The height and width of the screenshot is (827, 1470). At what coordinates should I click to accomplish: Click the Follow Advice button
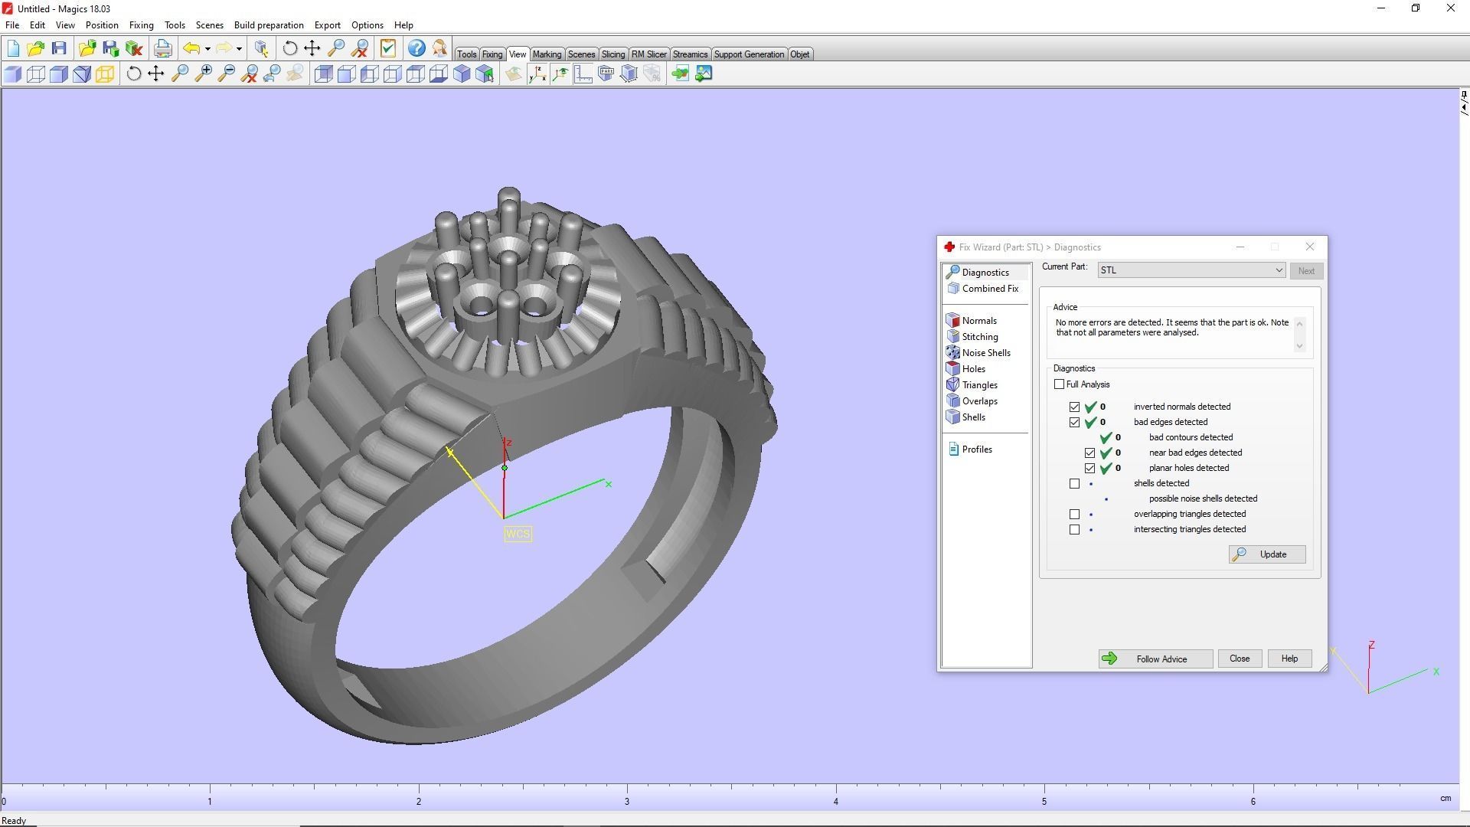pos(1155,659)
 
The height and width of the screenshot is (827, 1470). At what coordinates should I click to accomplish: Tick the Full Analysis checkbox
pos(1060,384)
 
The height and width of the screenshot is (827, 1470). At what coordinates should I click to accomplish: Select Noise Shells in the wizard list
pos(985,353)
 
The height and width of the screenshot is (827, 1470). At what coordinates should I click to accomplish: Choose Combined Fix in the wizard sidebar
pos(989,289)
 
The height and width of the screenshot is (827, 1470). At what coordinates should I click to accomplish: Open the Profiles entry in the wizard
pos(976,449)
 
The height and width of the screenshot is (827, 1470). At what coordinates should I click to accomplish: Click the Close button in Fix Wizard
pos(1239,659)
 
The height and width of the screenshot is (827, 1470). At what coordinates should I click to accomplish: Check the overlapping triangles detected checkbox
pos(1075,515)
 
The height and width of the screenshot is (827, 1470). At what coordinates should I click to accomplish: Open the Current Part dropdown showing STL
pos(1278,270)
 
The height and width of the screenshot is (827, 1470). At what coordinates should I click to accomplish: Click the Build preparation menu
pos(269,25)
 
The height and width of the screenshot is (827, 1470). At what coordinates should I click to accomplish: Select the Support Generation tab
pos(748,54)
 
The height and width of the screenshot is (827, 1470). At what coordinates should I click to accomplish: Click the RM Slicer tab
pos(648,54)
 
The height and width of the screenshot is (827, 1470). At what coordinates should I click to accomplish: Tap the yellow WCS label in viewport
pos(518,534)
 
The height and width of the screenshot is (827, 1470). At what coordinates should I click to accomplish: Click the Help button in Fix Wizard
pos(1289,659)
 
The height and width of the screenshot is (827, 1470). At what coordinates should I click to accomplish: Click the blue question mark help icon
pos(416,49)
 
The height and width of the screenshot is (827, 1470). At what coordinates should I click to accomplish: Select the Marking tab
pos(546,54)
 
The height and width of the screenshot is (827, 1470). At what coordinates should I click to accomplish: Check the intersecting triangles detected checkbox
pos(1075,530)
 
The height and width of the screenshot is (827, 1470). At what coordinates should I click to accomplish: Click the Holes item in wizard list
pos(973,369)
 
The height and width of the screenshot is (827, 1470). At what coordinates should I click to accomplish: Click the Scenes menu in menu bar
pos(209,25)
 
